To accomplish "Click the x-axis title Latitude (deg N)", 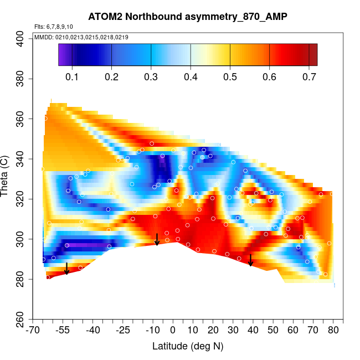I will point(187,346).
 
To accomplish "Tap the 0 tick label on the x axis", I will point(173,331).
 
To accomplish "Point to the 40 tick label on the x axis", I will point(253,331).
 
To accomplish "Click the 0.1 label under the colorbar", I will point(72,76).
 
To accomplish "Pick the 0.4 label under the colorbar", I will point(191,76).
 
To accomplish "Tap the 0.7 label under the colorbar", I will point(308,76).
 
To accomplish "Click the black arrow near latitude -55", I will point(66,269).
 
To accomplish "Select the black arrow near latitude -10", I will point(157,239).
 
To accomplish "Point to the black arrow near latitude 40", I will point(250,260).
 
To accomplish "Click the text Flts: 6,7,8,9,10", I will point(53,27).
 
